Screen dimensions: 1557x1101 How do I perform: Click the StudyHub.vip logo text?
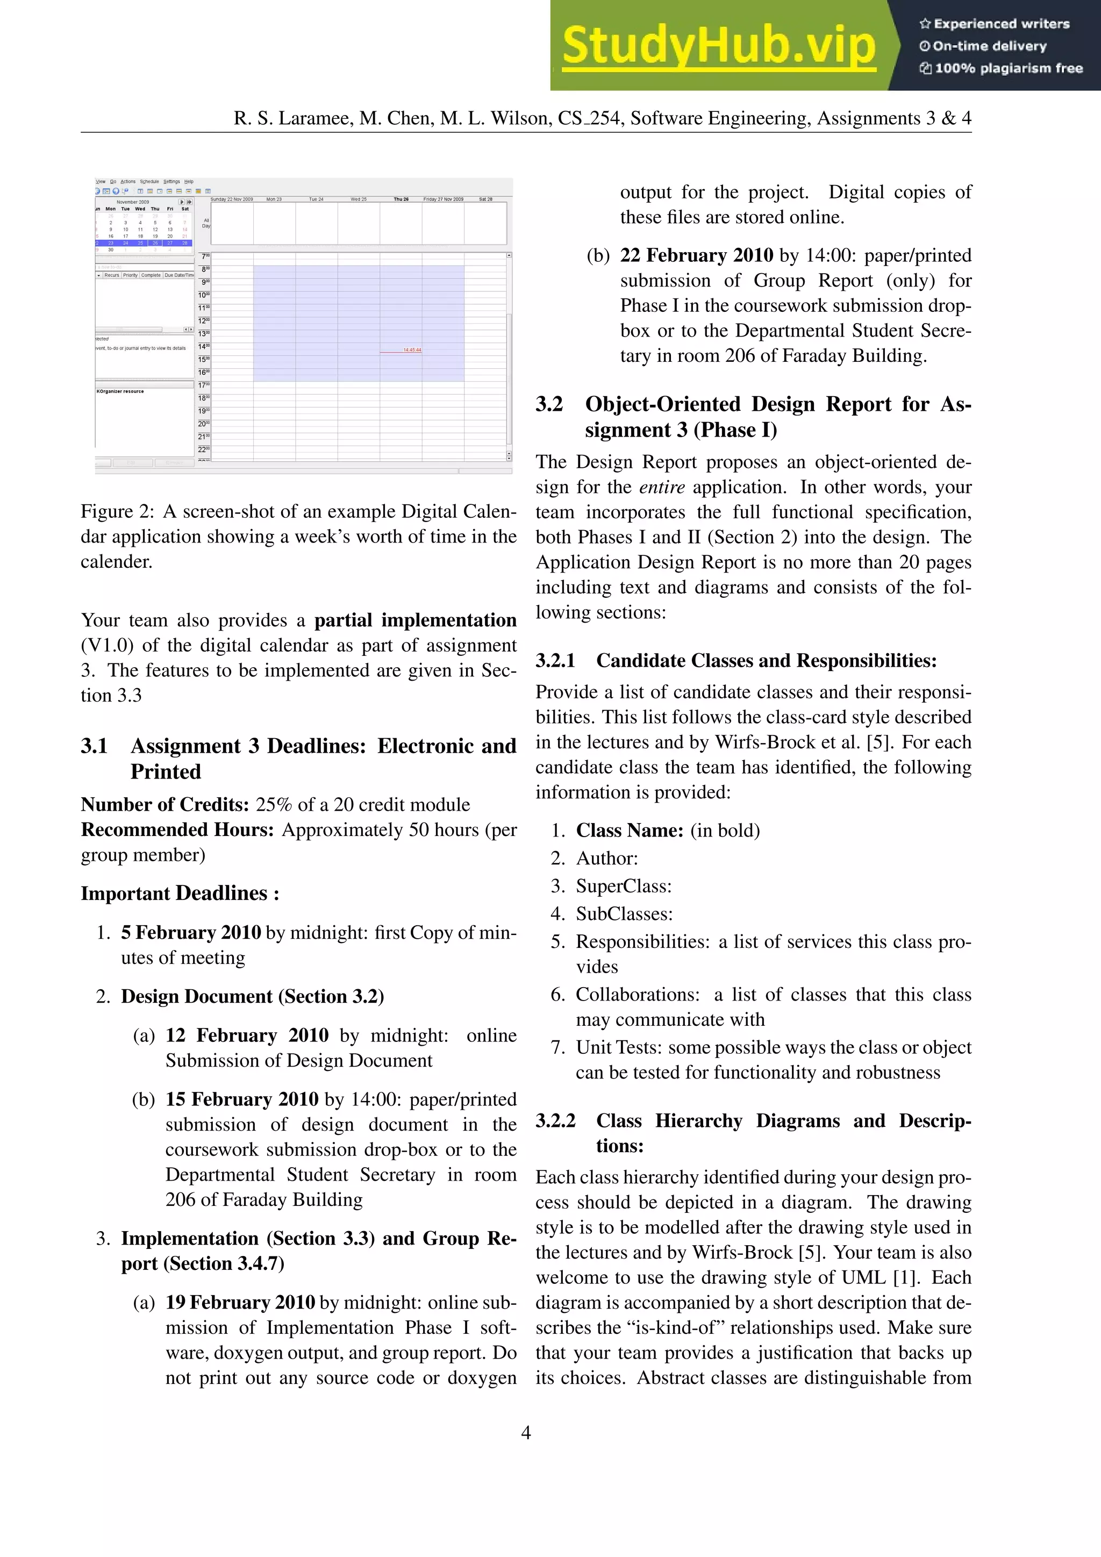pos(719,46)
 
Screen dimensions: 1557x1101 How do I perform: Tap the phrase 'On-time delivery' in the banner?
pos(989,46)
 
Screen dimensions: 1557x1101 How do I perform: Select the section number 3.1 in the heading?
pos(94,746)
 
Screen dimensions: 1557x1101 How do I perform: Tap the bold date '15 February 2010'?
pos(242,1099)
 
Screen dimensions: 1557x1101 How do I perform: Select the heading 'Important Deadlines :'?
pos(180,893)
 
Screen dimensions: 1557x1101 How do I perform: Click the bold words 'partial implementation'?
pos(415,620)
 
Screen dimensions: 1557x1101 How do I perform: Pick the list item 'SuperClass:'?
pos(624,887)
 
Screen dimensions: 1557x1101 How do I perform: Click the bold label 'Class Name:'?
pos(629,831)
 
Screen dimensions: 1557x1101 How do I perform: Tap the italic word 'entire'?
pos(662,487)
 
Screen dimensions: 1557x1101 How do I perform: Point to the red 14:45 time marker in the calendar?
pos(411,350)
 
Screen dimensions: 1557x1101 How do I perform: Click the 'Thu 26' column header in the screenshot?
pos(402,199)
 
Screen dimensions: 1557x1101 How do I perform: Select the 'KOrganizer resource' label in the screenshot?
pos(120,391)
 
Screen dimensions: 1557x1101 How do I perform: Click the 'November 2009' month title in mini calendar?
pos(133,202)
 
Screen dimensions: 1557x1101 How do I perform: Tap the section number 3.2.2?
pos(555,1121)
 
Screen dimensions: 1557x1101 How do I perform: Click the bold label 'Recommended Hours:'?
pos(177,830)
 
